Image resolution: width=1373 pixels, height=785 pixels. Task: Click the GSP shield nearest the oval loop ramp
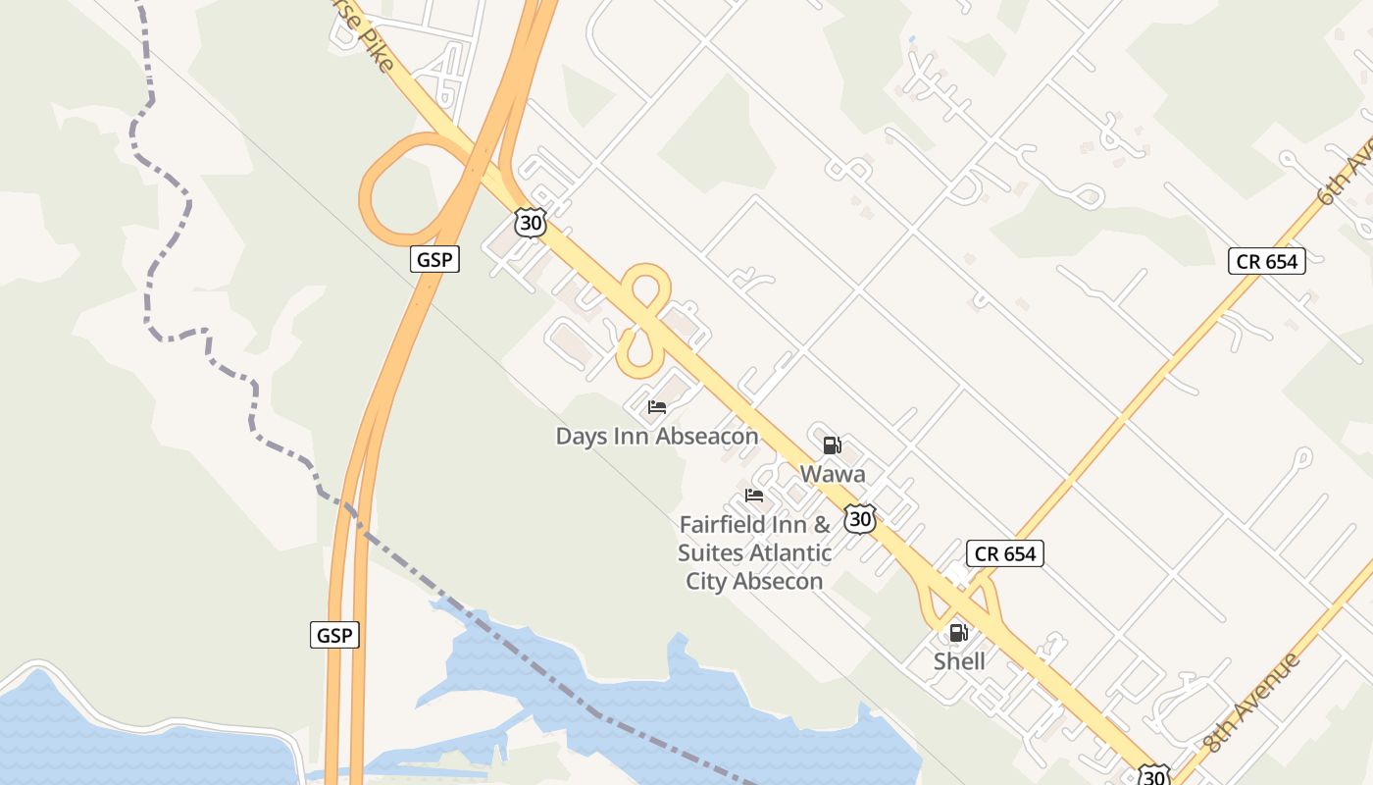434,259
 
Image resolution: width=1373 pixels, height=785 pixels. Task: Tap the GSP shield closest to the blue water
334,635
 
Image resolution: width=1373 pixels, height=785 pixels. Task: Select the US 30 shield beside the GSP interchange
530,223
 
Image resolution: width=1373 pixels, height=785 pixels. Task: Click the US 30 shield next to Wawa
860,518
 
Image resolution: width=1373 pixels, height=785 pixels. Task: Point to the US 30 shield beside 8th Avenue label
1155,775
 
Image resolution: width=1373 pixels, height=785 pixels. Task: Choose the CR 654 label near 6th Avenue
1266,261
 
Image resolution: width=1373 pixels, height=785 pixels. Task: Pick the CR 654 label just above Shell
1005,553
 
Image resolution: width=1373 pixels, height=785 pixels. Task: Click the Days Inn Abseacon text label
657,437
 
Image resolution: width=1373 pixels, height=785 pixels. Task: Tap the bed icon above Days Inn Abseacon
657,407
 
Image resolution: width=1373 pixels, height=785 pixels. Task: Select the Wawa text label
833,474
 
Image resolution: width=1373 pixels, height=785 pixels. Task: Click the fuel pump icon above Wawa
832,446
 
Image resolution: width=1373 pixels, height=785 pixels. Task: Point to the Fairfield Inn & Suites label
754,552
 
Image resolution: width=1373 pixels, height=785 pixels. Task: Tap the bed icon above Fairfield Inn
754,496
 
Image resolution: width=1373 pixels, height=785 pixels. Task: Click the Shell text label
959,661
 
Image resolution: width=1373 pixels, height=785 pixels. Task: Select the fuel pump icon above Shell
958,633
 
